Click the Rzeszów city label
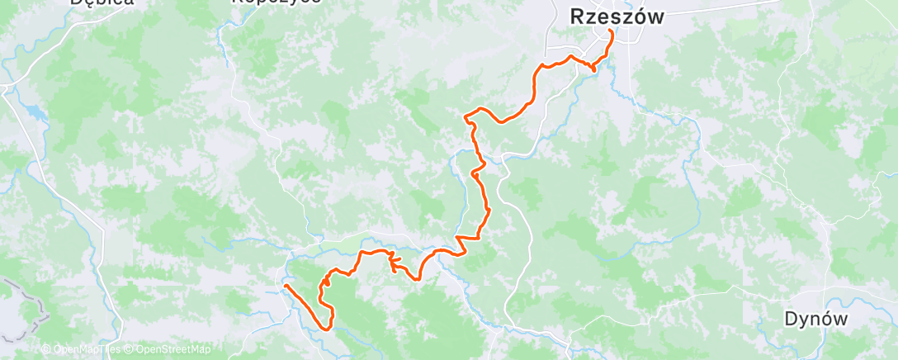coord(617,17)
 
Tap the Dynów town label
coord(815,319)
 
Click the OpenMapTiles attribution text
coord(86,350)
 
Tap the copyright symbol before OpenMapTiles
coord(46,350)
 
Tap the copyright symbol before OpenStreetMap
coord(130,350)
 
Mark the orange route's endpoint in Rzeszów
coord(611,31)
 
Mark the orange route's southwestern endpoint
coord(285,286)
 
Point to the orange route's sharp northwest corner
coord(467,116)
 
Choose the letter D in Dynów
coord(790,319)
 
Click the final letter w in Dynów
coord(841,320)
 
